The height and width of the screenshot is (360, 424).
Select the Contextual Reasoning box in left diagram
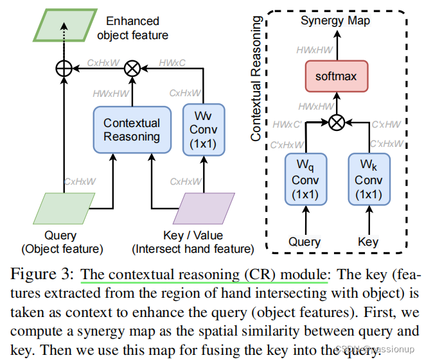coord(131,129)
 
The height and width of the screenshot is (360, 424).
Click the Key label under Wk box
coord(368,242)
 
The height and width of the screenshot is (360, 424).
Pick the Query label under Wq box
coord(305,242)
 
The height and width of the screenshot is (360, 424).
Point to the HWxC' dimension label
coord(285,123)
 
